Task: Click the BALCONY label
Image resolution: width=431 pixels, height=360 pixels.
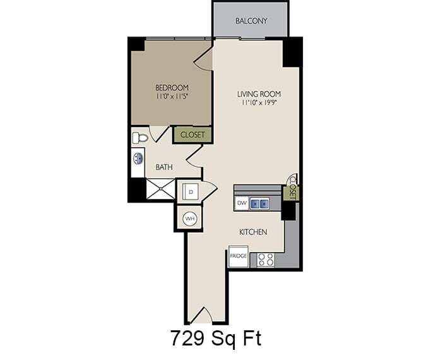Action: point(251,21)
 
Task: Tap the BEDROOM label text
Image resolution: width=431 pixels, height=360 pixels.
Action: point(172,88)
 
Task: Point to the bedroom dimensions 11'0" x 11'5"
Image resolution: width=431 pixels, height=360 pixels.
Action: point(172,97)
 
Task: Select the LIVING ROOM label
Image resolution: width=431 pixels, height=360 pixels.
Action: point(259,94)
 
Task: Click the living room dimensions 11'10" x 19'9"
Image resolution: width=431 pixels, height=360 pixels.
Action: point(259,104)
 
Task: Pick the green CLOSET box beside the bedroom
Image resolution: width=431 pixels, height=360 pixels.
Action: point(192,135)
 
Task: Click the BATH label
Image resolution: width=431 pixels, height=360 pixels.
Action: point(164,167)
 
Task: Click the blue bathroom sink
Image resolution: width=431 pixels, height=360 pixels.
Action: point(138,158)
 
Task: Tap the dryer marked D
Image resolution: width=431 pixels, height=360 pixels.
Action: point(189,190)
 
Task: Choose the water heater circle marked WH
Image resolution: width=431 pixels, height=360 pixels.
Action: point(189,219)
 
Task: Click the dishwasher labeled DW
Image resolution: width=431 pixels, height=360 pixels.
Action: point(241,203)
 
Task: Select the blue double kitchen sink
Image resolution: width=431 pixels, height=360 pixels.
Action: point(259,203)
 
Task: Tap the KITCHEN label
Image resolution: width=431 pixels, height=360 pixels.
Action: point(253,232)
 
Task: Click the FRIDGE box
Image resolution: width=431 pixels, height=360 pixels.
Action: point(238,256)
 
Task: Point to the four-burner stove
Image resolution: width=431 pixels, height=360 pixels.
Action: point(266,258)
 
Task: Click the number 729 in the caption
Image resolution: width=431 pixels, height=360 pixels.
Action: point(187,339)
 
